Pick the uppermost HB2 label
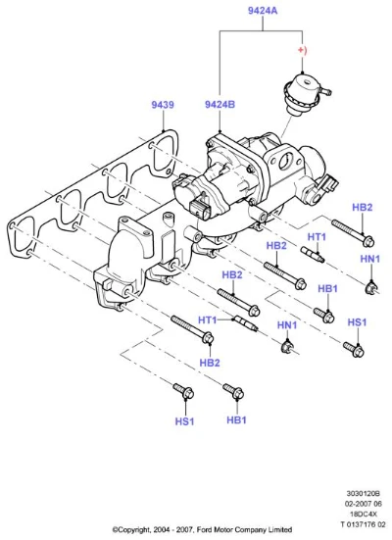coord(363,208)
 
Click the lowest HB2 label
coord(209,363)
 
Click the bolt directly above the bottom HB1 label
coord(232,393)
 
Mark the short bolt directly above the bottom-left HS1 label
coord(183,392)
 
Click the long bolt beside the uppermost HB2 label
coord(350,233)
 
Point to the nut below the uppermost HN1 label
coord(371,286)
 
